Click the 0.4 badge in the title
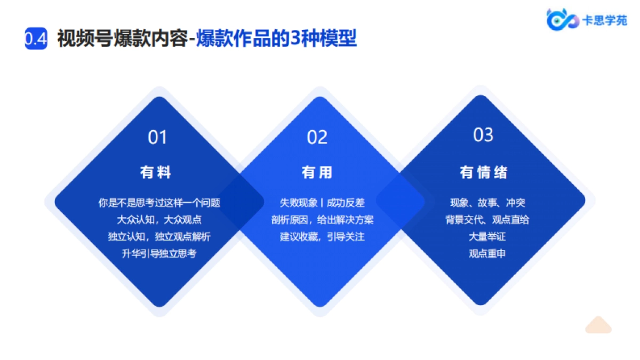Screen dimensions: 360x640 36,39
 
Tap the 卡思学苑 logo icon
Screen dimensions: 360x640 562,19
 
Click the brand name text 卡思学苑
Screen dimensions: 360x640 604,20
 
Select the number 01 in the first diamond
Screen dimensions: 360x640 158,138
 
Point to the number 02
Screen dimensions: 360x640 317,138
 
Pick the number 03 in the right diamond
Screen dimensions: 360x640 483,135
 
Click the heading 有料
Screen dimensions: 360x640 156,172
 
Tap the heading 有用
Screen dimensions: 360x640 317,172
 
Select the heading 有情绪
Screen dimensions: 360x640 483,172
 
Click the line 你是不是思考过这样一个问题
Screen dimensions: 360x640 159,203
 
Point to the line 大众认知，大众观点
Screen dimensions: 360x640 159,220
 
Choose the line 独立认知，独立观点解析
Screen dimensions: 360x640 159,237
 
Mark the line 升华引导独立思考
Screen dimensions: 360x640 159,254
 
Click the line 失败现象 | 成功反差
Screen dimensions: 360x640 322,203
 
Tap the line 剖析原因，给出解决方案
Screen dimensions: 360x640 322,220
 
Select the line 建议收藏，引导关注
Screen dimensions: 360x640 322,237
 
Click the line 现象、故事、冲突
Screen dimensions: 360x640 487,203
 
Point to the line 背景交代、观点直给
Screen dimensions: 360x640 487,220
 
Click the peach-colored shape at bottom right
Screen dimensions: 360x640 598,325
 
